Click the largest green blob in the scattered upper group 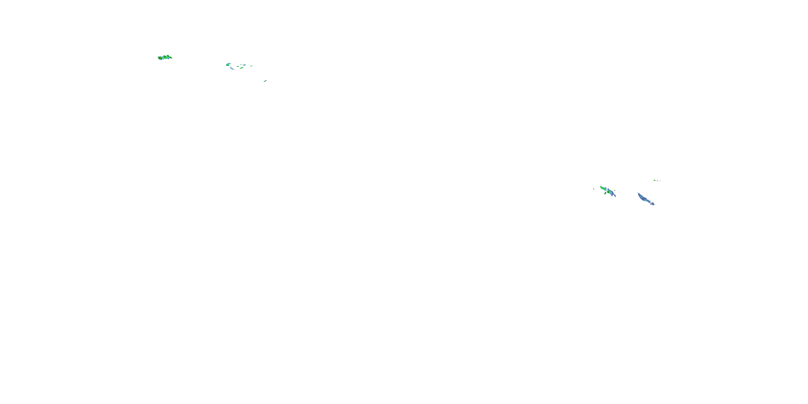pos(228,65)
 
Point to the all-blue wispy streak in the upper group pos(232,68)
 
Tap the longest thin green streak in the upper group pos(242,68)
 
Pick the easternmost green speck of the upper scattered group pos(252,66)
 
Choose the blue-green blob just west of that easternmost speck pos(244,65)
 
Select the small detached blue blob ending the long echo pos(653,204)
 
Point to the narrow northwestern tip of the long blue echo pos(638,193)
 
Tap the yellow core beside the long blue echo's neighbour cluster pos(608,192)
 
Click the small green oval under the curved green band pos(605,193)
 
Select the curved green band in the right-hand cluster pos(603,189)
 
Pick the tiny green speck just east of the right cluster pos(615,190)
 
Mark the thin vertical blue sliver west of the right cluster pos(594,189)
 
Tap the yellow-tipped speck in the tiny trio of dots pos(654,180)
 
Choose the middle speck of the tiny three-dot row pos(658,181)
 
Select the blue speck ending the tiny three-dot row pos(660,181)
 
